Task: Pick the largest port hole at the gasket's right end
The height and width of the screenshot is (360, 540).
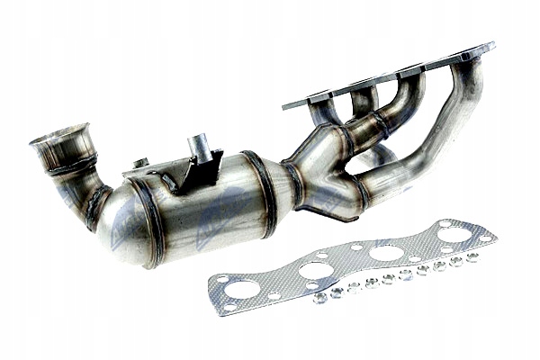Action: [454, 236]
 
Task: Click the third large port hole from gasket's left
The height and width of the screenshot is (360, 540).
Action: [387, 253]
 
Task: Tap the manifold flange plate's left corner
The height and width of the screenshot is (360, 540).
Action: [286, 105]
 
